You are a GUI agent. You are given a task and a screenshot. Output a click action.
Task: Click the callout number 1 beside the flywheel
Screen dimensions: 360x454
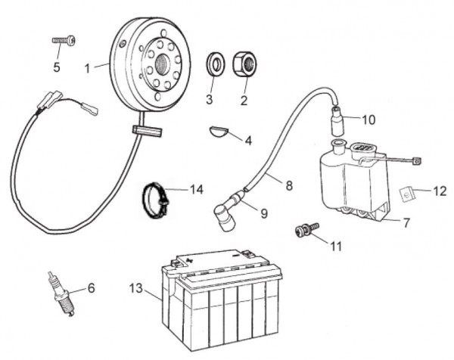point(88,67)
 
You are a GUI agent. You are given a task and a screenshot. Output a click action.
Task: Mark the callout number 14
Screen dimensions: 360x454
point(196,188)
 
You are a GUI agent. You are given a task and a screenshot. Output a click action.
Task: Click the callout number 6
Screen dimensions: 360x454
point(92,288)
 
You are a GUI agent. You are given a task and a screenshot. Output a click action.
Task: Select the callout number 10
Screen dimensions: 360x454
point(368,119)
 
